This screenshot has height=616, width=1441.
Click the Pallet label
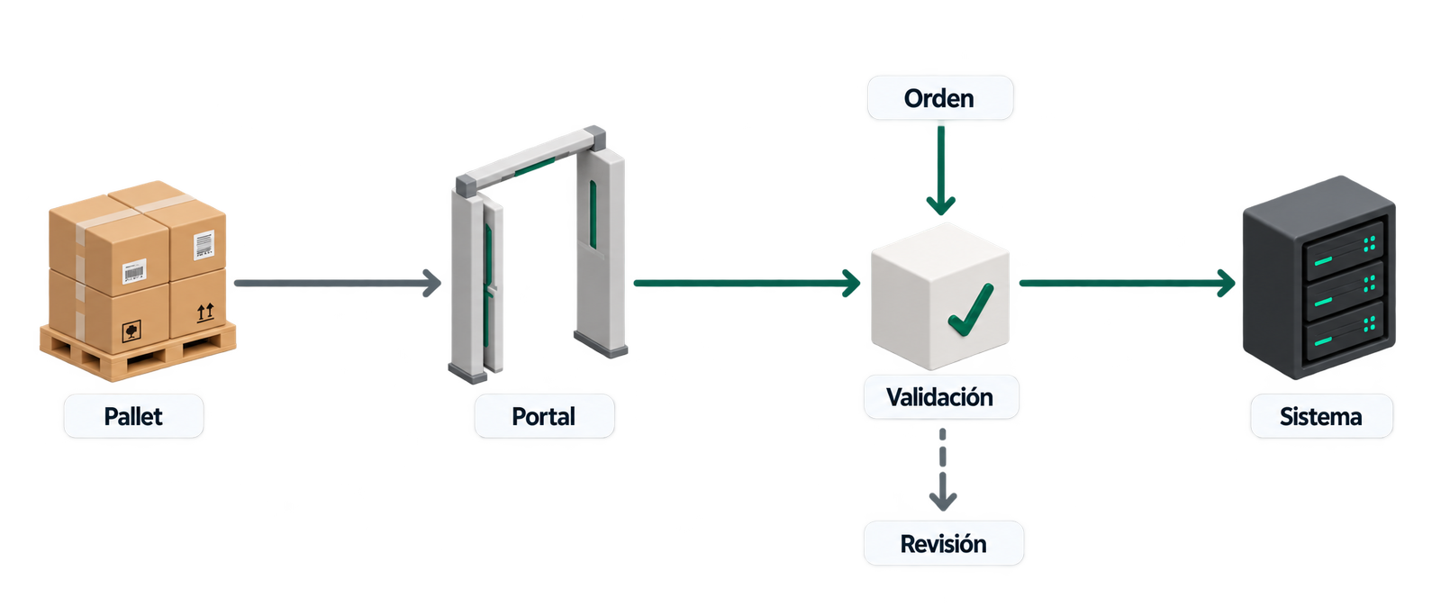[134, 416]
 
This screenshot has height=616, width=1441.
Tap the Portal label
[544, 416]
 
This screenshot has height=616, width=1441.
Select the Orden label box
[940, 98]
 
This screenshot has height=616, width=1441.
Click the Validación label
[940, 397]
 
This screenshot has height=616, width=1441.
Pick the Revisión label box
[943, 543]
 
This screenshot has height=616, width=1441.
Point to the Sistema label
[1321, 416]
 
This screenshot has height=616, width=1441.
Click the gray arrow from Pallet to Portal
[338, 283]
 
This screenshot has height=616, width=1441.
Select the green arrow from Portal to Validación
[747, 283]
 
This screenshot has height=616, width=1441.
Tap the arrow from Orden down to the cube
[940, 170]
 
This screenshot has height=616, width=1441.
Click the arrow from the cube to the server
[1127, 283]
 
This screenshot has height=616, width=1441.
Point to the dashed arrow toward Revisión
[942, 470]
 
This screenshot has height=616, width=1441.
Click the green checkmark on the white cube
[971, 310]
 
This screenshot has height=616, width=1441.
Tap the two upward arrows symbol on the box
[205, 313]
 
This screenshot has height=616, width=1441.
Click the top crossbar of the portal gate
[531, 159]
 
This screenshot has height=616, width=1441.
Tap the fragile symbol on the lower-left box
[131, 331]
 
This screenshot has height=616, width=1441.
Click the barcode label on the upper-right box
[204, 245]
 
